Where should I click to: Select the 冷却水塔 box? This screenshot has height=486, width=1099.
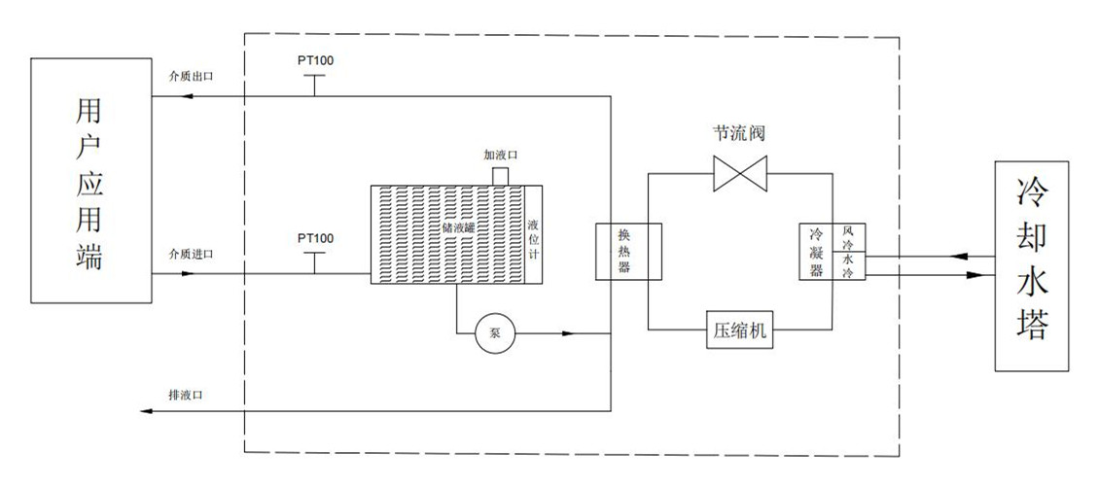pyautogui.click(x=1041, y=265)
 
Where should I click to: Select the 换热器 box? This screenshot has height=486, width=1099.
pyautogui.click(x=626, y=252)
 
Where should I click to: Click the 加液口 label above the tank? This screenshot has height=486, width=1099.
pyautogui.click(x=500, y=155)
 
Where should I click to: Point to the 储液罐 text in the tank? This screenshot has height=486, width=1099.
pyautogui.click(x=457, y=228)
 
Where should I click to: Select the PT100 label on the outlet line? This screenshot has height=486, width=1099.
pyautogui.click(x=315, y=60)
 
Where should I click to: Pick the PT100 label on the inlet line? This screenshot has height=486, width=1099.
pyautogui.click(x=315, y=237)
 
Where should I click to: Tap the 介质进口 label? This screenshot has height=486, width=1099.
pyautogui.click(x=190, y=254)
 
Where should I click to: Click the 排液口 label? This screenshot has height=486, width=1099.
pyautogui.click(x=185, y=395)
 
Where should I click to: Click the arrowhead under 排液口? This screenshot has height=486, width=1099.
pyautogui.click(x=146, y=411)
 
